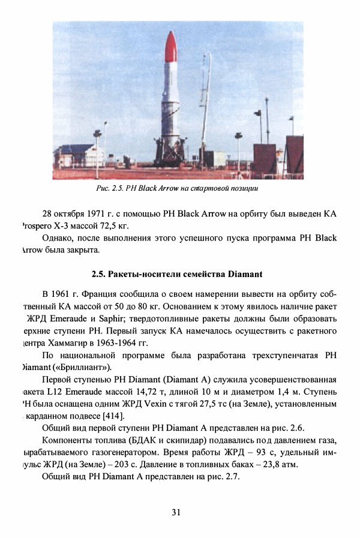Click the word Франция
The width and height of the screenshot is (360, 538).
coord(99,294)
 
